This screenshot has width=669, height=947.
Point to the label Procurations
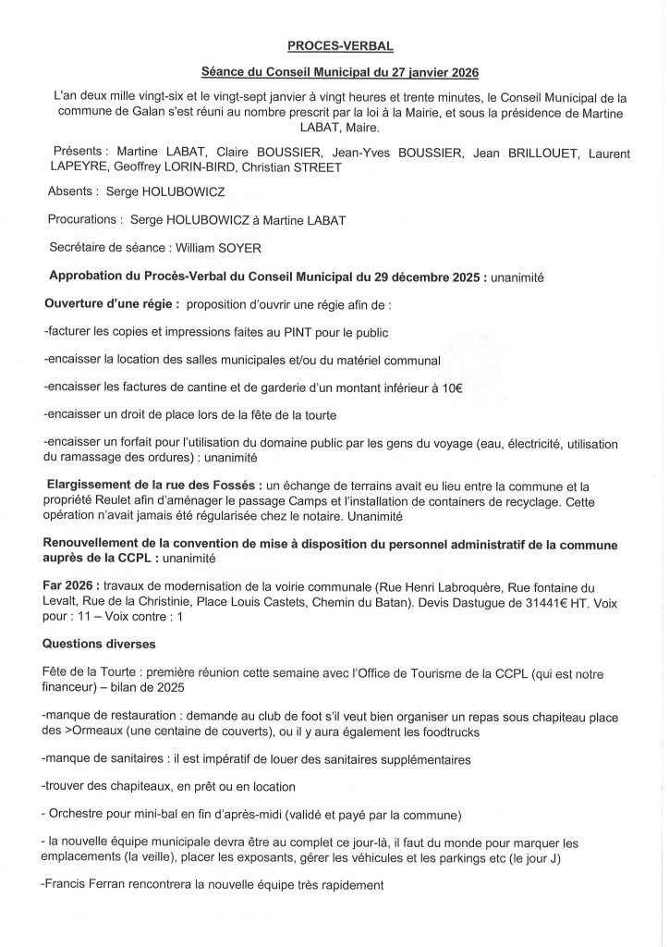tap(84, 220)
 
